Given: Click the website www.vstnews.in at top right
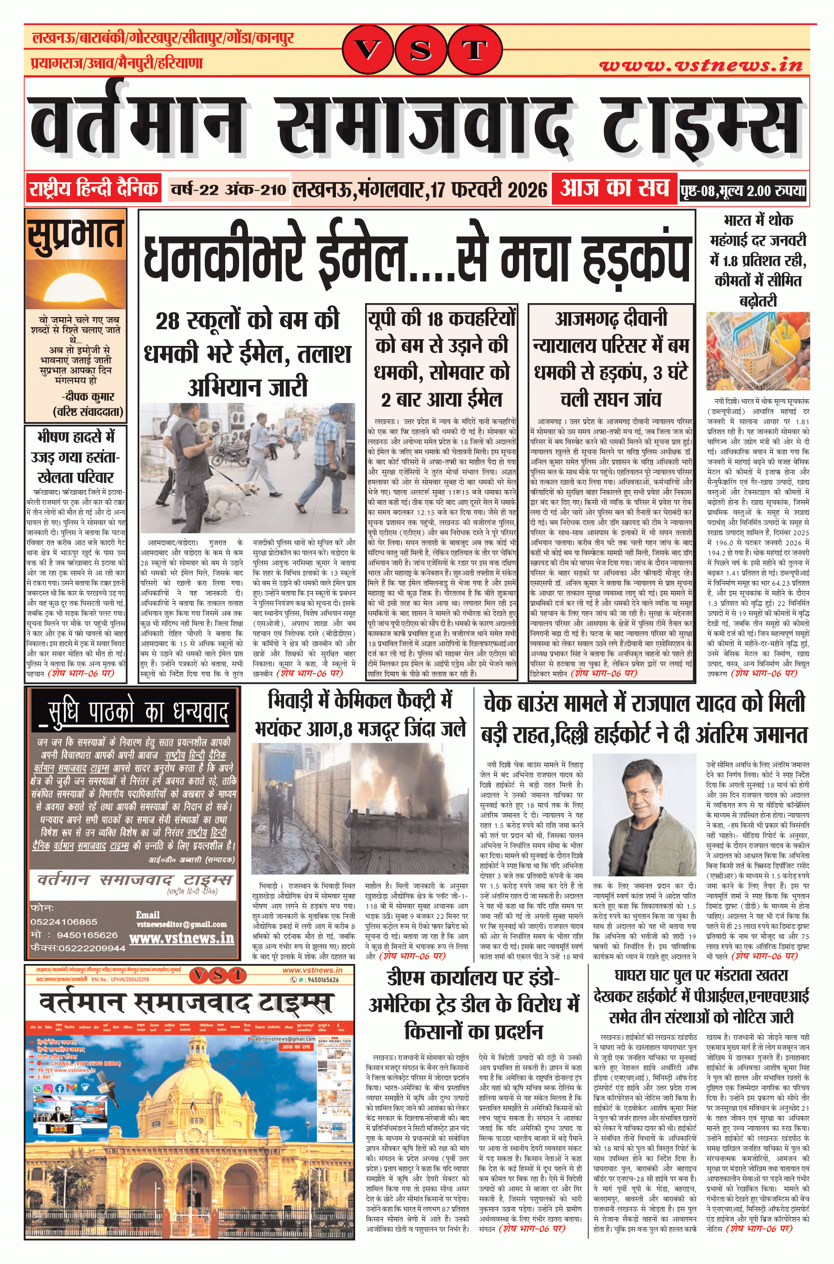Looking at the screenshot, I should (x=701, y=65).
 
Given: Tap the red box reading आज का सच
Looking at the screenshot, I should (x=614, y=188).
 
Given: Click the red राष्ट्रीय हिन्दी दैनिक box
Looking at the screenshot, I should (x=94, y=188).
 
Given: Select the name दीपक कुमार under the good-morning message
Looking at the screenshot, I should (x=89, y=396).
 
